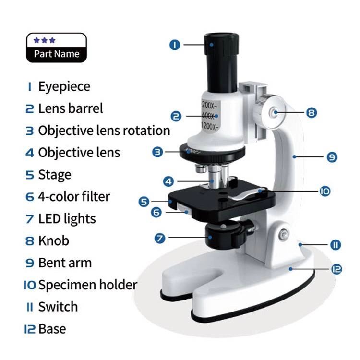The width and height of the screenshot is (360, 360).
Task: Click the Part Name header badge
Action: pos(56,48)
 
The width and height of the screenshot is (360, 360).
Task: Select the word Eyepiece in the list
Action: pos(64,87)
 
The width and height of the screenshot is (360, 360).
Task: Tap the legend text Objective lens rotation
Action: pos(104,131)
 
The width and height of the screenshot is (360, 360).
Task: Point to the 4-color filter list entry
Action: pos(74,196)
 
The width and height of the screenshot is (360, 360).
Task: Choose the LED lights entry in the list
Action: pos(67,219)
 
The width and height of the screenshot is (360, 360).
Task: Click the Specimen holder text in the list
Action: pos(87,285)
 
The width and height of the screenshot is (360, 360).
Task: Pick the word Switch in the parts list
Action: pos(58,307)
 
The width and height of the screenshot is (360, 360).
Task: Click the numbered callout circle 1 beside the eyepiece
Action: pos(175,45)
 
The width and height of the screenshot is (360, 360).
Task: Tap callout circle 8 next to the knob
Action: pos(311,113)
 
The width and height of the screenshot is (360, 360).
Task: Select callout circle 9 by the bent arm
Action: pos(332,156)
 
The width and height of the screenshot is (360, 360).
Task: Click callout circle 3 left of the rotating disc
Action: pos(158,152)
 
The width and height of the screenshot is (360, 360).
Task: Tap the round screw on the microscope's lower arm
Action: pos(284,234)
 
